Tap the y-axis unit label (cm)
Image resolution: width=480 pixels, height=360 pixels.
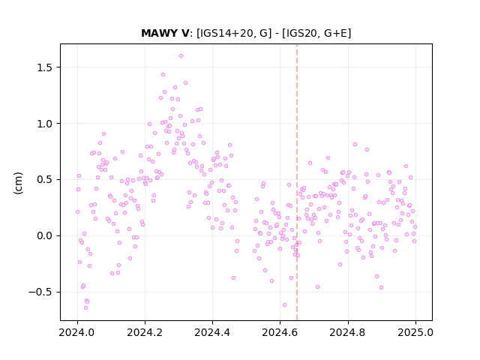click(x=18, y=183)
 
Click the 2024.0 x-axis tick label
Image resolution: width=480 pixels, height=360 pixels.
click(x=77, y=332)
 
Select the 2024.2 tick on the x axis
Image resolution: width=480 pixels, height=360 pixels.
click(x=145, y=332)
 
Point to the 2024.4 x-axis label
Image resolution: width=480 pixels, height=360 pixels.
click(x=212, y=332)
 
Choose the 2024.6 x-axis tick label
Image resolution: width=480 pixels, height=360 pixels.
click(x=280, y=332)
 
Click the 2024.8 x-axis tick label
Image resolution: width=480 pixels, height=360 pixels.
click(x=348, y=332)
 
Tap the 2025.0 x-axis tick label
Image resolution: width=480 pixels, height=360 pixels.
click(x=415, y=332)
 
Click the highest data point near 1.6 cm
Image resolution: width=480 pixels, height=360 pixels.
click(x=181, y=56)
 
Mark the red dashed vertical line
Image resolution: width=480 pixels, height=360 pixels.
click(x=297, y=182)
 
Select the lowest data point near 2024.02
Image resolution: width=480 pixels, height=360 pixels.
click(x=85, y=307)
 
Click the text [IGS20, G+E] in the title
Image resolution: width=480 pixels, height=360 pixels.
click(x=316, y=33)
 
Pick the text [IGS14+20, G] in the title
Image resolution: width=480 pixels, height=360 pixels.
click(x=234, y=33)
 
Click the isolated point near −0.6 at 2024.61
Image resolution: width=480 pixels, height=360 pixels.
click(x=284, y=305)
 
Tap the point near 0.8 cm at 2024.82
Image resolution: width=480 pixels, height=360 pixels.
click(x=355, y=145)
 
